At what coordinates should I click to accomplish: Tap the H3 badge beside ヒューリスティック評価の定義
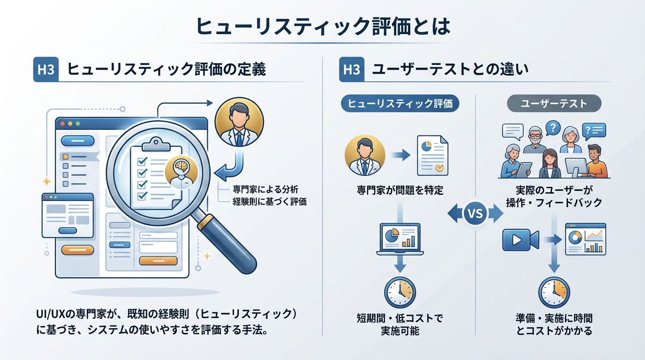click(x=46, y=70)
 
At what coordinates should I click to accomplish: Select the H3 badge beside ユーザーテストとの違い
click(x=351, y=70)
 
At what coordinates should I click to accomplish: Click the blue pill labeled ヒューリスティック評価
click(x=400, y=104)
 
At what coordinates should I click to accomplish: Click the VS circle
click(x=475, y=214)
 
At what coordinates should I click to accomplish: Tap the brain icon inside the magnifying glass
click(x=180, y=166)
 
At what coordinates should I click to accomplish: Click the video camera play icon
click(x=519, y=240)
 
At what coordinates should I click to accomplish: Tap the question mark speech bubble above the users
click(x=553, y=127)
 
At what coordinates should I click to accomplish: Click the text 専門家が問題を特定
click(x=400, y=190)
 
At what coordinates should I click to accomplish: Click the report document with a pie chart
click(x=432, y=155)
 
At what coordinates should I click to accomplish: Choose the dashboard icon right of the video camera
click(x=585, y=239)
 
